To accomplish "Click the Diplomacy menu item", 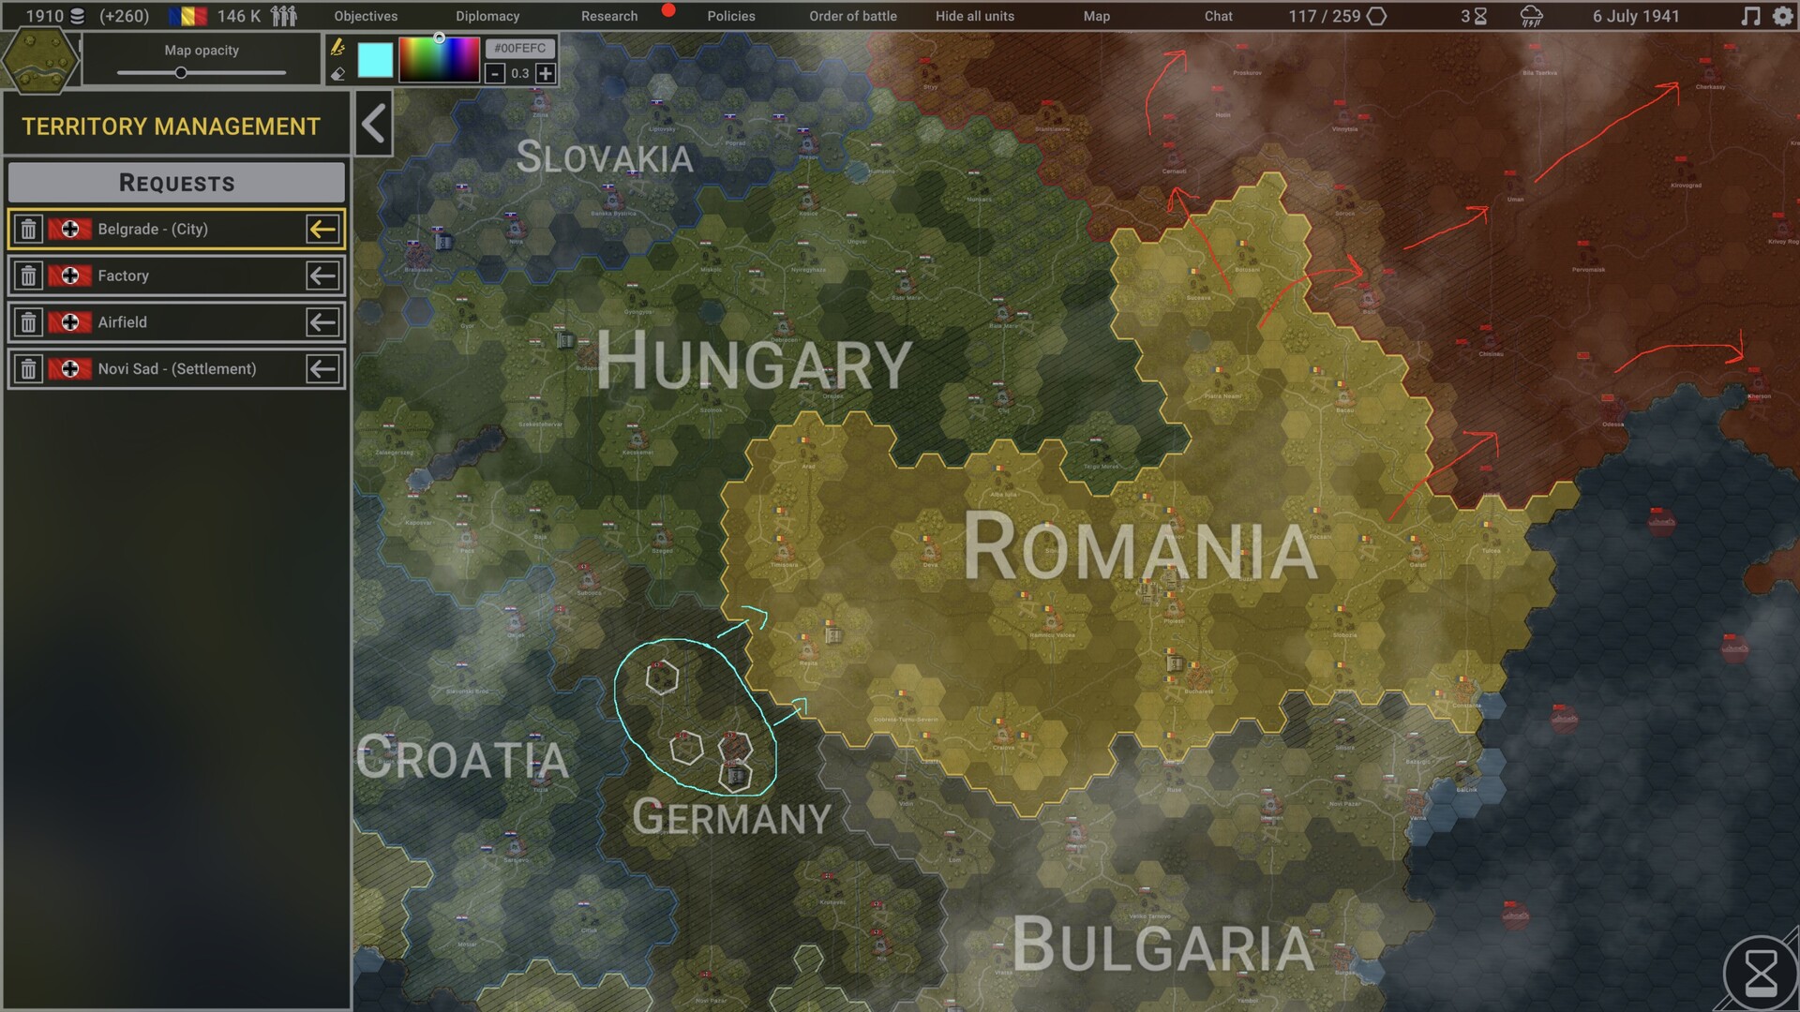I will point(487,16).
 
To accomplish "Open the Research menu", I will point(608,16).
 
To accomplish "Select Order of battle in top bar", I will point(852,16).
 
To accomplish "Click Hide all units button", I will point(974,16).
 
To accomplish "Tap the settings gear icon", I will point(1782,16).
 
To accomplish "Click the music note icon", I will point(1749,16).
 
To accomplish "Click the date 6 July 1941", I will point(1635,16).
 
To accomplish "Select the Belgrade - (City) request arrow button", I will point(322,230).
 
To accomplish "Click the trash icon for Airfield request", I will point(29,322).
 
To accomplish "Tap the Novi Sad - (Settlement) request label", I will point(176,369).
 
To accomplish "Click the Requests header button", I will point(176,183).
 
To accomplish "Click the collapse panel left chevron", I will point(373,124).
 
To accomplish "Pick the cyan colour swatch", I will point(375,60).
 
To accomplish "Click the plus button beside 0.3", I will point(546,73).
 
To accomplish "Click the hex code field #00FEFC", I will point(519,48).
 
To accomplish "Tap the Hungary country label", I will point(754,362).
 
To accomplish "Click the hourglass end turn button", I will point(1760,974).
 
